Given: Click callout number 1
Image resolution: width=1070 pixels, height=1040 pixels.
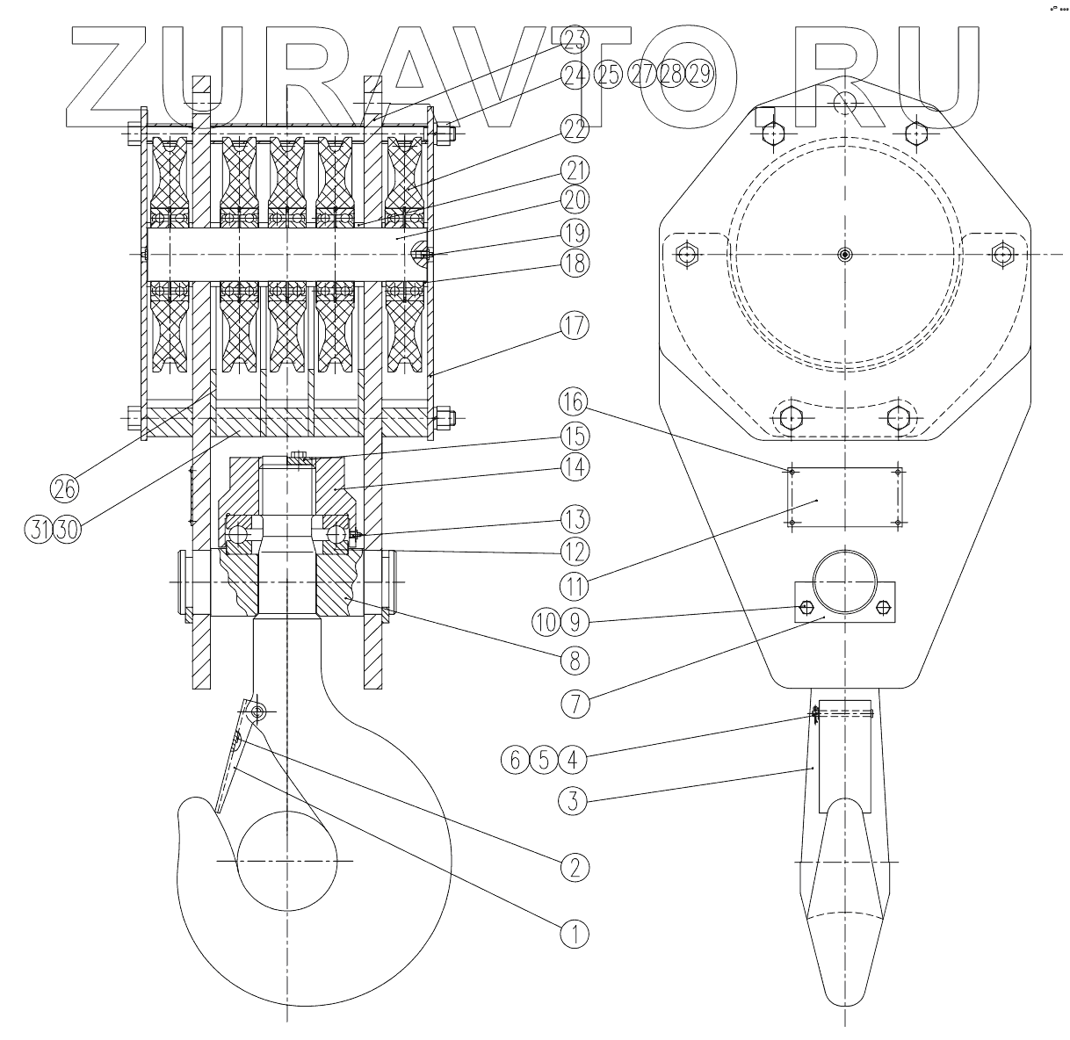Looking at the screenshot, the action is click(x=574, y=932).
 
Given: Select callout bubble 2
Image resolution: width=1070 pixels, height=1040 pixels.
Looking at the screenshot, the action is click(x=574, y=868).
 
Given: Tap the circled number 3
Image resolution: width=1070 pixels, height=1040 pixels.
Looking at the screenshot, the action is click(x=574, y=800).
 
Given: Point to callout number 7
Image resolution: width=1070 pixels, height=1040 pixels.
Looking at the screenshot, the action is click(x=574, y=704).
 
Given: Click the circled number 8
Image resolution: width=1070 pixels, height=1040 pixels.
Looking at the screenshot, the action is click(x=574, y=656).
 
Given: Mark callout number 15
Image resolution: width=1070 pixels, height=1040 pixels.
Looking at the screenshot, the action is click(x=574, y=435).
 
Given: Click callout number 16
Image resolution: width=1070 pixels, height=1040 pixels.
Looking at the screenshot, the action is click(x=574, y=403).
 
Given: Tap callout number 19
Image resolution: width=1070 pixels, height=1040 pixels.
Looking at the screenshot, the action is click(x=574, y=233).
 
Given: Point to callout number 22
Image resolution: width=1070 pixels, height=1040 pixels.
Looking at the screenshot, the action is click(x=574, y=130).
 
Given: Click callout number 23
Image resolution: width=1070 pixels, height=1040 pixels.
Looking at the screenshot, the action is click(x=574, y=39).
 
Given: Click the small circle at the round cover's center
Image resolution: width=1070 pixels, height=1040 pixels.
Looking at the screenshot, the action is click(x=844, y=255).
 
